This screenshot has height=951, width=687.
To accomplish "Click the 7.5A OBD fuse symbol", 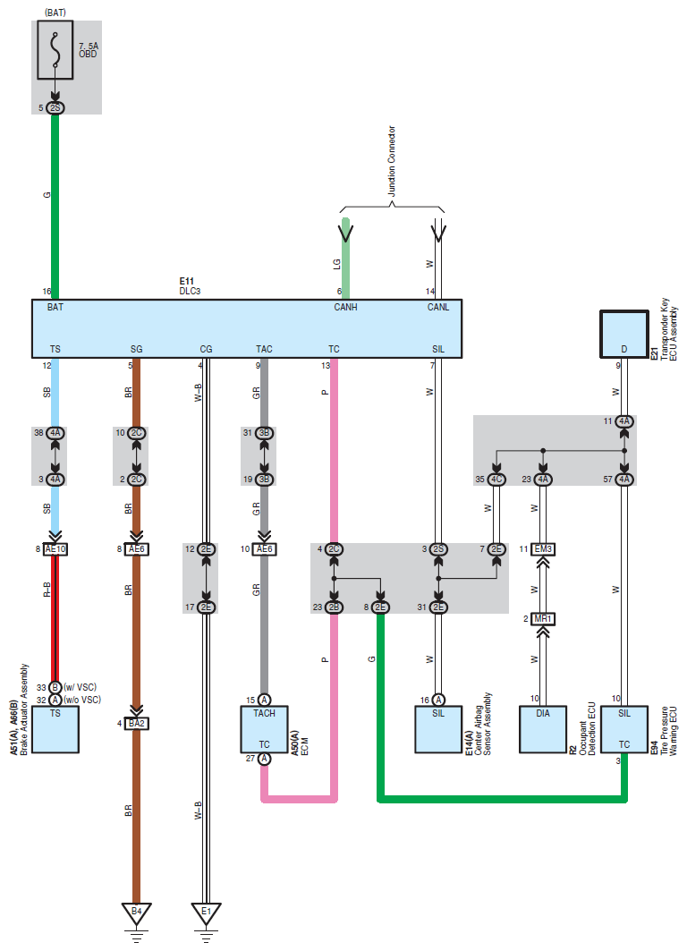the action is pos(55,50).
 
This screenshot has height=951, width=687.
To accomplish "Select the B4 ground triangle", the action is pos(137,913).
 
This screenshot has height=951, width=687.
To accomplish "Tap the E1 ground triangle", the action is pos(206,913).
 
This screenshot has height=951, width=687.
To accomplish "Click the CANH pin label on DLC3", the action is pos(345,308).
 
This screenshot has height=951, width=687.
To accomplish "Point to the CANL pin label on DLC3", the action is pos(438,308).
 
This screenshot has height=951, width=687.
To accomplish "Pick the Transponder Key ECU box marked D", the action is pos(624,335).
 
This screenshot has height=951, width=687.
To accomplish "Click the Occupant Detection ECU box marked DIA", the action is pos(543,730).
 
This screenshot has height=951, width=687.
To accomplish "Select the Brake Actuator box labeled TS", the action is pos(55,730).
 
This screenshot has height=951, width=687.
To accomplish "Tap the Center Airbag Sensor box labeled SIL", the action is pos(438,730).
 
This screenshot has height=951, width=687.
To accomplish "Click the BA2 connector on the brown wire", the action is pos(137,724).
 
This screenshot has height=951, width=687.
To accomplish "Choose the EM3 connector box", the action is pos(543,549).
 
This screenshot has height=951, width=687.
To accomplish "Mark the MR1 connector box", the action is pos(543,619).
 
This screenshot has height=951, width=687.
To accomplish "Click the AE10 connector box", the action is pos(55,549).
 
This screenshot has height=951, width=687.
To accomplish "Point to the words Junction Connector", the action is pos(392,161).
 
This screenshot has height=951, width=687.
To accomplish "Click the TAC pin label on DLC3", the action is pos(265,349).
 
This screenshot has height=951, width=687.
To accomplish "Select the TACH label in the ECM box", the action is pos(265,713).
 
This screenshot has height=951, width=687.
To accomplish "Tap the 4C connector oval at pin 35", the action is pos(496,480).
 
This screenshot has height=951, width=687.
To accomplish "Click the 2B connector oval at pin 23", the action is pos(334,607).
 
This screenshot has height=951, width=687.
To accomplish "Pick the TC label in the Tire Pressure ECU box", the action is pos(624,745).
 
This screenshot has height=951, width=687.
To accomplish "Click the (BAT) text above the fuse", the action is pos(55,13).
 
